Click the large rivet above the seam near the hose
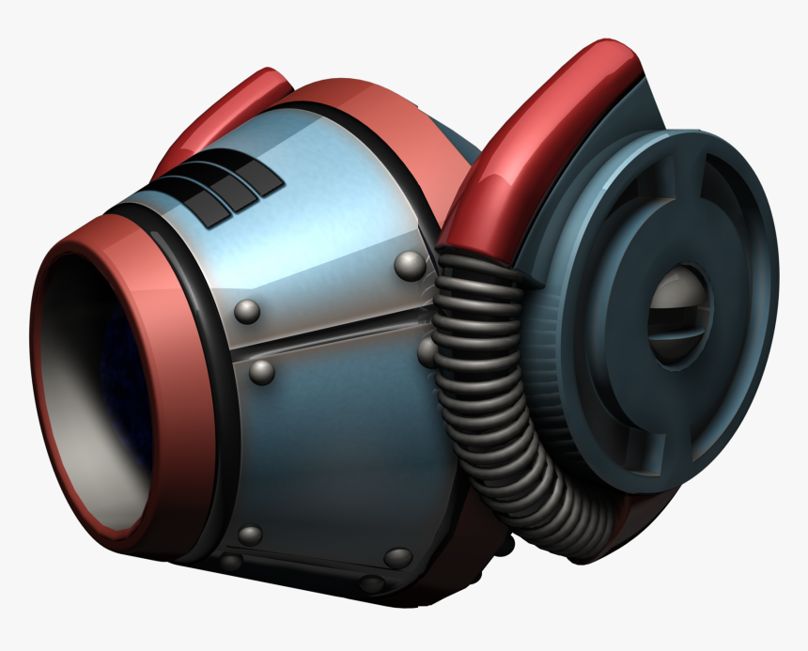point(409,266)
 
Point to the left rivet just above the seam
point(246,312)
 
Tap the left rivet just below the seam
point(261,372)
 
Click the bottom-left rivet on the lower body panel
point(250,535)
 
